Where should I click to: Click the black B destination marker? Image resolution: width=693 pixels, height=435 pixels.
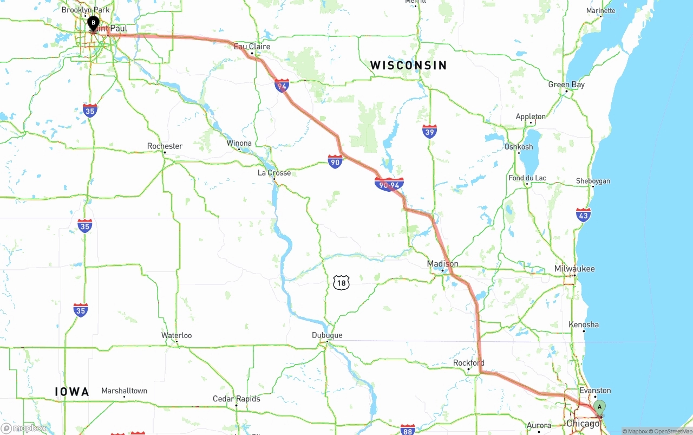click(x=93, y=23)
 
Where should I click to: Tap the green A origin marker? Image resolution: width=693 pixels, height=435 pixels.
click(x=599, y=407)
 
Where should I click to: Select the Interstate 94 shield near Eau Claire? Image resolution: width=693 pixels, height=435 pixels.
click(x=282, y=86)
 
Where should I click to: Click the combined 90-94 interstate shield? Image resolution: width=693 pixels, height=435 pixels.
click(x=389, y=184)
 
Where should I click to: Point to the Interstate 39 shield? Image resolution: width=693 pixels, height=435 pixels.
click(x=429, y=131)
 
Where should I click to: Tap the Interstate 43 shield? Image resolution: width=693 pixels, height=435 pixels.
click(x=583, y=215)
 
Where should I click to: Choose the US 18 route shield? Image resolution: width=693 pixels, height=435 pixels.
click(x=341, y=282)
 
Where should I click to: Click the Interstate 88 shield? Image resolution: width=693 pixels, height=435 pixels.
click(x=408, y=430)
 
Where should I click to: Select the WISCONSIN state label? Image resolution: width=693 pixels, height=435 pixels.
click(x=408, y=66)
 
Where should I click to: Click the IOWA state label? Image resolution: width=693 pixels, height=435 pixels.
click(x=72, y=392)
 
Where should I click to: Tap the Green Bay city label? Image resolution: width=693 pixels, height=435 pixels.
click(x=566, y=85)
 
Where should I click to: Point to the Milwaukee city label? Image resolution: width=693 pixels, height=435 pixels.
click(x=574, y=269)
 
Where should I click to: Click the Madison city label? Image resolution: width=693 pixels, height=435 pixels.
click(x=443, y=264)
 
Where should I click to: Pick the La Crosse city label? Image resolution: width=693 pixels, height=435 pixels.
click(x=274, y=173)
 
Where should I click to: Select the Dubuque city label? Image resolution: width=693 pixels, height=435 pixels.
click(x=327, y=335)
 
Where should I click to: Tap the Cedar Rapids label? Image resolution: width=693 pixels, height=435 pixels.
click(x=236, y=399)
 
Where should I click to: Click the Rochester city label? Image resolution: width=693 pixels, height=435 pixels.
click(x=165, y=146)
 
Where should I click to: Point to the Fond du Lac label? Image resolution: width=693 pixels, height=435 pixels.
click(x=527, y=178)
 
